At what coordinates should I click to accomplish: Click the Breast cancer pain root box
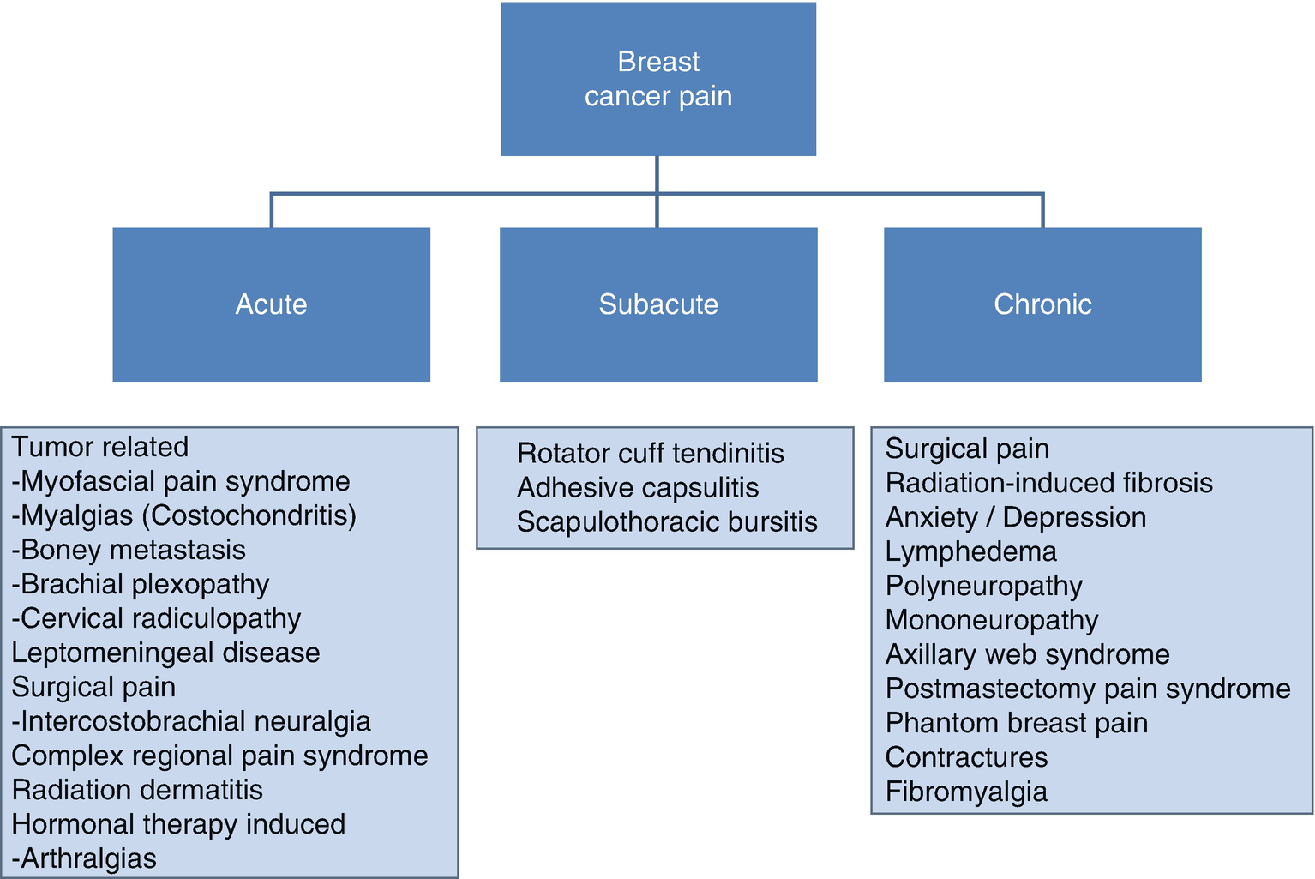657,79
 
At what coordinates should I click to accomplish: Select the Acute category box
271,304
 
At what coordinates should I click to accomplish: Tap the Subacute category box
657,304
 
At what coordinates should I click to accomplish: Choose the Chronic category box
1042,304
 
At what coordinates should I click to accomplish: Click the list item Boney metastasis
129,550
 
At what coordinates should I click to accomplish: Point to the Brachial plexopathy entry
141,584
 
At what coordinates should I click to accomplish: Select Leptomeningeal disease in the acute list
165,653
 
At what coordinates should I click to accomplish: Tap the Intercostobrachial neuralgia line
191,721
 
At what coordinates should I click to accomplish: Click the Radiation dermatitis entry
137,790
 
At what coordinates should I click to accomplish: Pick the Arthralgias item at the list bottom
84,858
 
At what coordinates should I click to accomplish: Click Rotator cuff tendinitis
651,453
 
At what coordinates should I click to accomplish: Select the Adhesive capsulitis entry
638,487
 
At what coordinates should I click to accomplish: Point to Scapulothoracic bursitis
667,521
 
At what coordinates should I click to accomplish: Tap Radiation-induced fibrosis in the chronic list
1048,483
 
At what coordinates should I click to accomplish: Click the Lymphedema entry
970,551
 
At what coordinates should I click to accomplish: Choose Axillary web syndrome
1027,654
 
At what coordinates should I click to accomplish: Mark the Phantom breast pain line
1016,723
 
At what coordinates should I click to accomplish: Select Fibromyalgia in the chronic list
966,792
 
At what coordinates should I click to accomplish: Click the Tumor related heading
99,447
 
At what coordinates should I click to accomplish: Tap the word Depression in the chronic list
1074,517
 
